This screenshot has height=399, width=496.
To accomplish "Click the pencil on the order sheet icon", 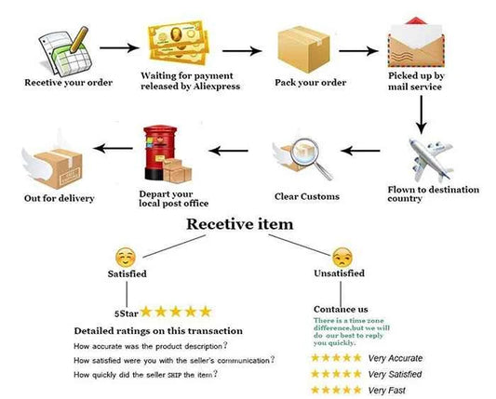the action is pyautogui.click(x=79, y=39).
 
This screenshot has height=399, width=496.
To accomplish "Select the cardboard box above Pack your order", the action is pyautogui.click(x=303, y=49).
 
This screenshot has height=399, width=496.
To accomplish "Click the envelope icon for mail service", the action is pyautogui.click(x=416, y=43).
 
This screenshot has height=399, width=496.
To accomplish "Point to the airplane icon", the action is pyautogui.click(x=431, y=160).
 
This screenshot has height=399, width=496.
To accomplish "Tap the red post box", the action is pyautogui.click(x=160, y=153).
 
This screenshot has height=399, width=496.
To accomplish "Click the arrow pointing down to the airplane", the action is pyautogui.click(x=421, y=114).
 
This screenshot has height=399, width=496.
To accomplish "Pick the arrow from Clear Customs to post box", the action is pyautogui.click(x=228, y=151).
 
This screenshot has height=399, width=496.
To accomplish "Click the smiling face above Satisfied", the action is pyautogui.click(x=126, y=258).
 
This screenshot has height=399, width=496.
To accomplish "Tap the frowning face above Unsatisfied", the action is pyautogui.click(x=342, y=258).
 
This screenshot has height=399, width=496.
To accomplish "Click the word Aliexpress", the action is pyautogui.click(x=217, y=86).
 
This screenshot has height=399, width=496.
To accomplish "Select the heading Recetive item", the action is pyautogui.click(x=240, y=224).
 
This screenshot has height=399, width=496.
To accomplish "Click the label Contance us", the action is pyautogui.click(x=341, y=309).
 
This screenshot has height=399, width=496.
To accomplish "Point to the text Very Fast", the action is pyautogui.click(x=386, y=391).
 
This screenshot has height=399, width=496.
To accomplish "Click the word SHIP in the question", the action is pyautogui.click(x=174, y=376).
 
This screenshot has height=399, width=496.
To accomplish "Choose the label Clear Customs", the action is pyautogui.click(x=307, y=196).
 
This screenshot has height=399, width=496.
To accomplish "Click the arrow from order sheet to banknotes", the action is pyautogui.click(x=119, y=48).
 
